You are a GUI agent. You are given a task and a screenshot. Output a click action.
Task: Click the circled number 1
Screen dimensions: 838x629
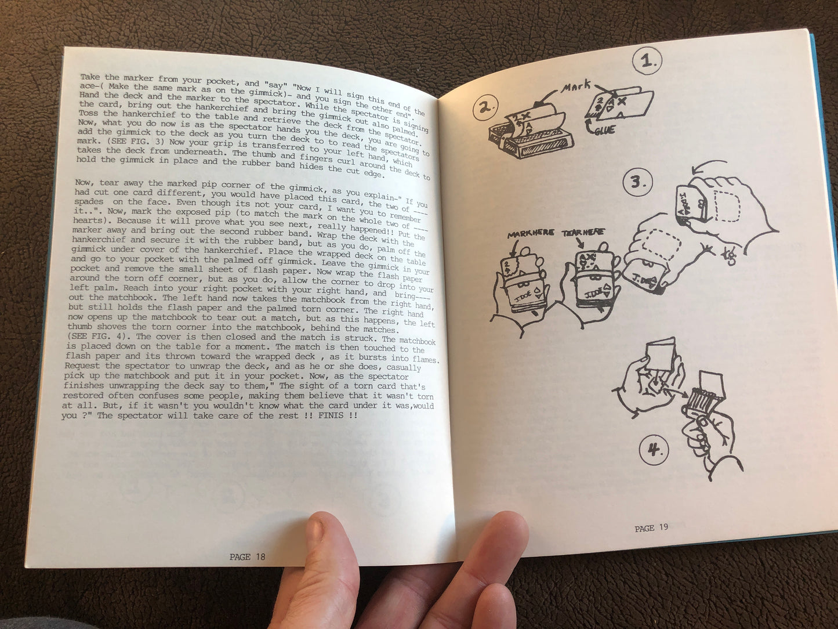click(x=647, y=61)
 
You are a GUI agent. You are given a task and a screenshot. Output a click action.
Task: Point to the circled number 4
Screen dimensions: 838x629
click(x=654, y=451)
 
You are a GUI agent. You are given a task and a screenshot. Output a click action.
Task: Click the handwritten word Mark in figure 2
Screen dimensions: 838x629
click(x=576, y=87)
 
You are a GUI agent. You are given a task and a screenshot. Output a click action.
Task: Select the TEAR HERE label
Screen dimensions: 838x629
click(x=583, y=232)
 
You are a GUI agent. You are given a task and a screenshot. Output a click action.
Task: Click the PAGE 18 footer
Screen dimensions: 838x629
click(x=247, y=557)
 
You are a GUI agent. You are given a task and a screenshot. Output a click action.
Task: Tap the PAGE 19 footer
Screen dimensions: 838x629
click(x=651, y=528)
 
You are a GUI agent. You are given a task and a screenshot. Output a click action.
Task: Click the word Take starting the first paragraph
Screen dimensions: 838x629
click(x=90, y=77)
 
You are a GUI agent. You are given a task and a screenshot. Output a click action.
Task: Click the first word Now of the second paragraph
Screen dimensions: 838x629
click(x=84, y=183)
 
